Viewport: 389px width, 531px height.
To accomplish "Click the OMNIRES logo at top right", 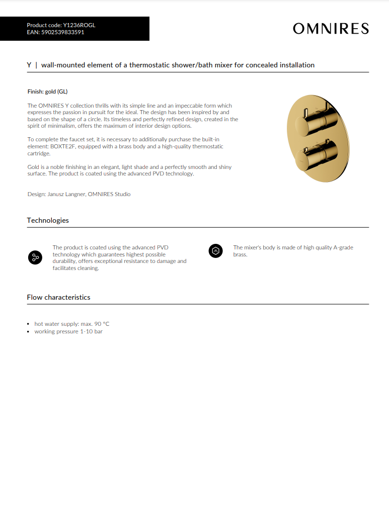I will (x=331, y=29).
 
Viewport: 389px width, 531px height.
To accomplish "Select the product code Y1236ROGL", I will (x=80, y=25).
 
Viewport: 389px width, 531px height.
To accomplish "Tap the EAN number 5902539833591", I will (x=63, y=32).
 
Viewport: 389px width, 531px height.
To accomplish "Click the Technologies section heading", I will (x=48, y=220).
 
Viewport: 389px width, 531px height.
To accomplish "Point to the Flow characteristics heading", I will (x=58, y=297).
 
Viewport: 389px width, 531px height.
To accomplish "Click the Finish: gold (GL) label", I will (x=47, y=92).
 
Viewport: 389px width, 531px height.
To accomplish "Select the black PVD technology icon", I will (x=35, y=257).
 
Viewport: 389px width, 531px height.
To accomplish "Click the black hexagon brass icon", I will (x=215, y=251).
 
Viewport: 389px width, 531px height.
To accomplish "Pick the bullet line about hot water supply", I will (x=71, y=324).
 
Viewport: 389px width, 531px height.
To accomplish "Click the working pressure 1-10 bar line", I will (x=68, y=331).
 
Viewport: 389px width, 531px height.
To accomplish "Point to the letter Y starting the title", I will (x=29, y=65).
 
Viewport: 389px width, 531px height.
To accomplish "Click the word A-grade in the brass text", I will (x=343, y=248).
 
